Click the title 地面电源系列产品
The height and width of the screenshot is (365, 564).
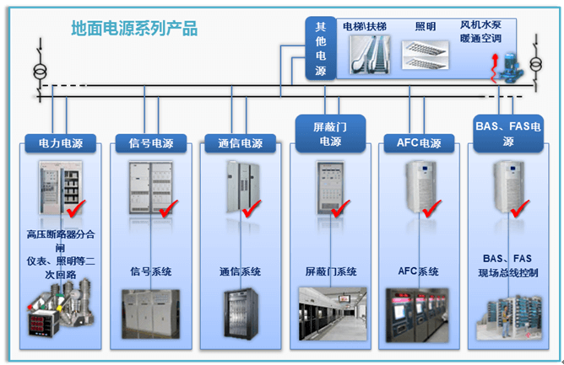(x=135, y=29)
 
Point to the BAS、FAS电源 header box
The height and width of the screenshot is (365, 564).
(x=508, y=135)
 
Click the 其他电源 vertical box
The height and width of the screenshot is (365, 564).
(x=320, y=49)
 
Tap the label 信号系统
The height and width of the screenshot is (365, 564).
(x=151, y=271)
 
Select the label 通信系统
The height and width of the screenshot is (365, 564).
(x=240, y=271)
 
